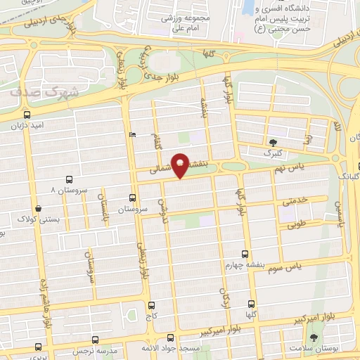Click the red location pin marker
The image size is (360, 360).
[x=181, y=167]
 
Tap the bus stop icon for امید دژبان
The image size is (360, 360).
[x=27, y=115]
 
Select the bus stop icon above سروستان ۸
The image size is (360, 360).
[x=68, y=180]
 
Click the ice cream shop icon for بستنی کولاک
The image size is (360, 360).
[x=38, y=209]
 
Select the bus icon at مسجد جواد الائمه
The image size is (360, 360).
[x=170, y=338]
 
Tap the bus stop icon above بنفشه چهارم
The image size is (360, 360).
[x=245, y=254]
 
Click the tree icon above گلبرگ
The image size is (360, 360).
[x=272, y=143]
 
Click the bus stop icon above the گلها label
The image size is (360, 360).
[x=252, y=304]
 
